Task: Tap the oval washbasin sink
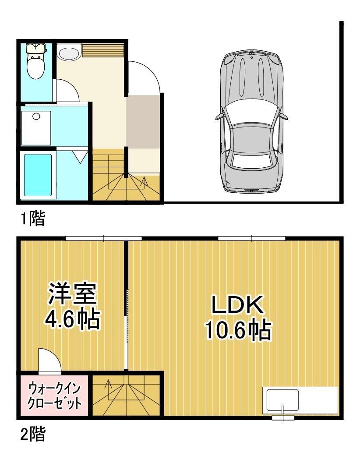[x=68, y=53]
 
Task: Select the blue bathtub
[x=38, y=174]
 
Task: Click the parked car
[x=251, y=122]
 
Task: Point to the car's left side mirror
[x=219, y=117]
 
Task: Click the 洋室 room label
[x=72, y=294]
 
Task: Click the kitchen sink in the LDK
[x=282, y=399]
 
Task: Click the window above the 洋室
[x=104, y=238]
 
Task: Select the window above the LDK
[x=252, y=238]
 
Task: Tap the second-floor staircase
[x=127, y=395]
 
